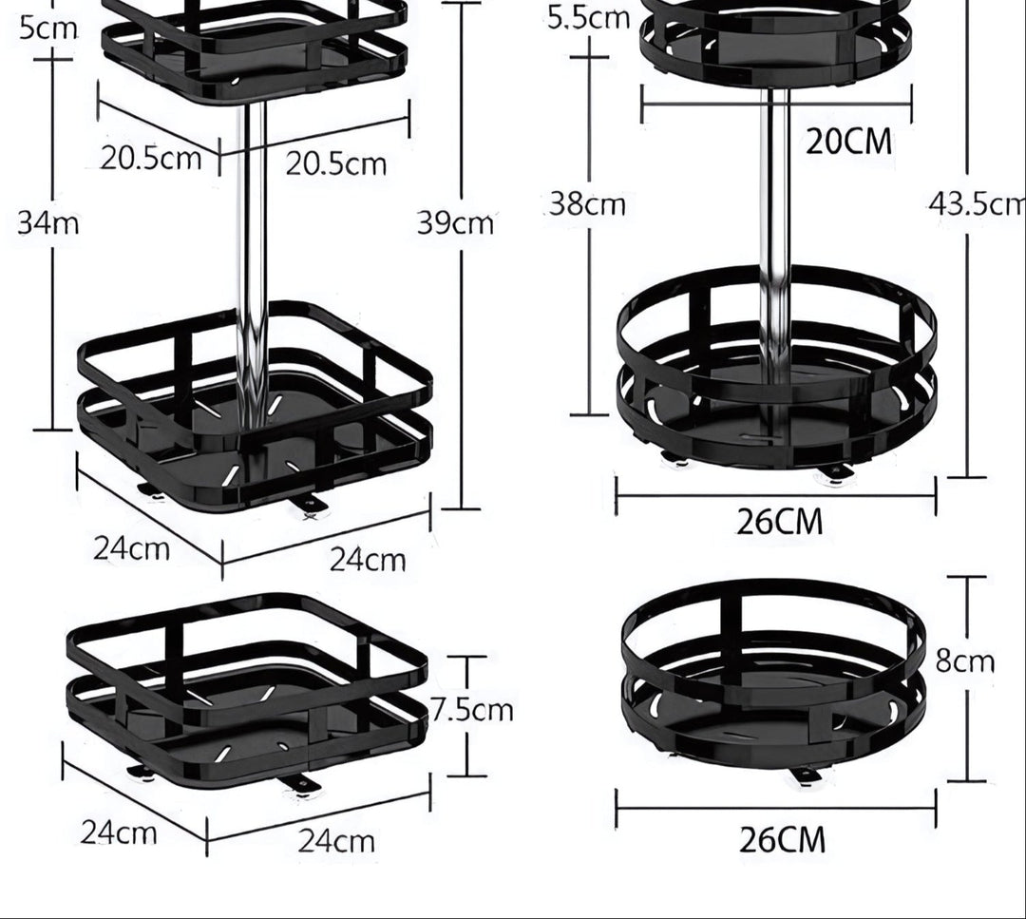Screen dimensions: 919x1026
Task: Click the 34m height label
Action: pos(48,224)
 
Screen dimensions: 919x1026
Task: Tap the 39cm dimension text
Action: pos(455,223)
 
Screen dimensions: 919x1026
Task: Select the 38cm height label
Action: pos(587,204)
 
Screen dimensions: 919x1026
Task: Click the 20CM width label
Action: pos(849,142)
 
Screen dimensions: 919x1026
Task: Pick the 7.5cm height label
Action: pos(472,710)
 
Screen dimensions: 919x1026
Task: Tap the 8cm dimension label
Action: pos(964,661)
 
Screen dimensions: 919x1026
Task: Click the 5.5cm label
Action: pos(588,16)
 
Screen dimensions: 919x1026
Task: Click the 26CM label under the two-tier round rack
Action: pos(780,522)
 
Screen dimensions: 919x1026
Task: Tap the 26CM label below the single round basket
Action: pos(782,840)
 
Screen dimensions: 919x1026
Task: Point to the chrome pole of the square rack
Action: pos(252,238)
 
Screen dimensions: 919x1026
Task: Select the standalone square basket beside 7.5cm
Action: pos(247,694)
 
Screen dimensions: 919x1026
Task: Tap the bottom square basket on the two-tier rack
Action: pos(255,409)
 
